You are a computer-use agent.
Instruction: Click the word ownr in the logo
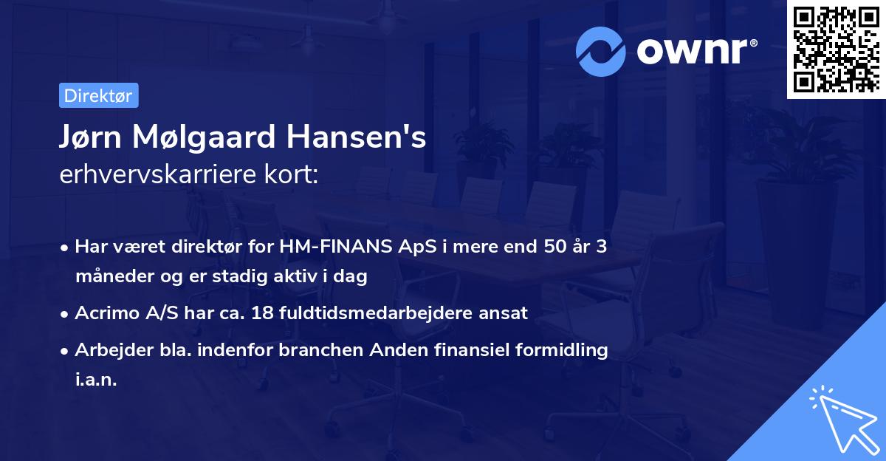click(695, 51)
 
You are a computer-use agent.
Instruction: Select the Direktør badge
click(98, 95)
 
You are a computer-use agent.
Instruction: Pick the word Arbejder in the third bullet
click(109, 350)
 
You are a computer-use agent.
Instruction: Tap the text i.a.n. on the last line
click(96, 380)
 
